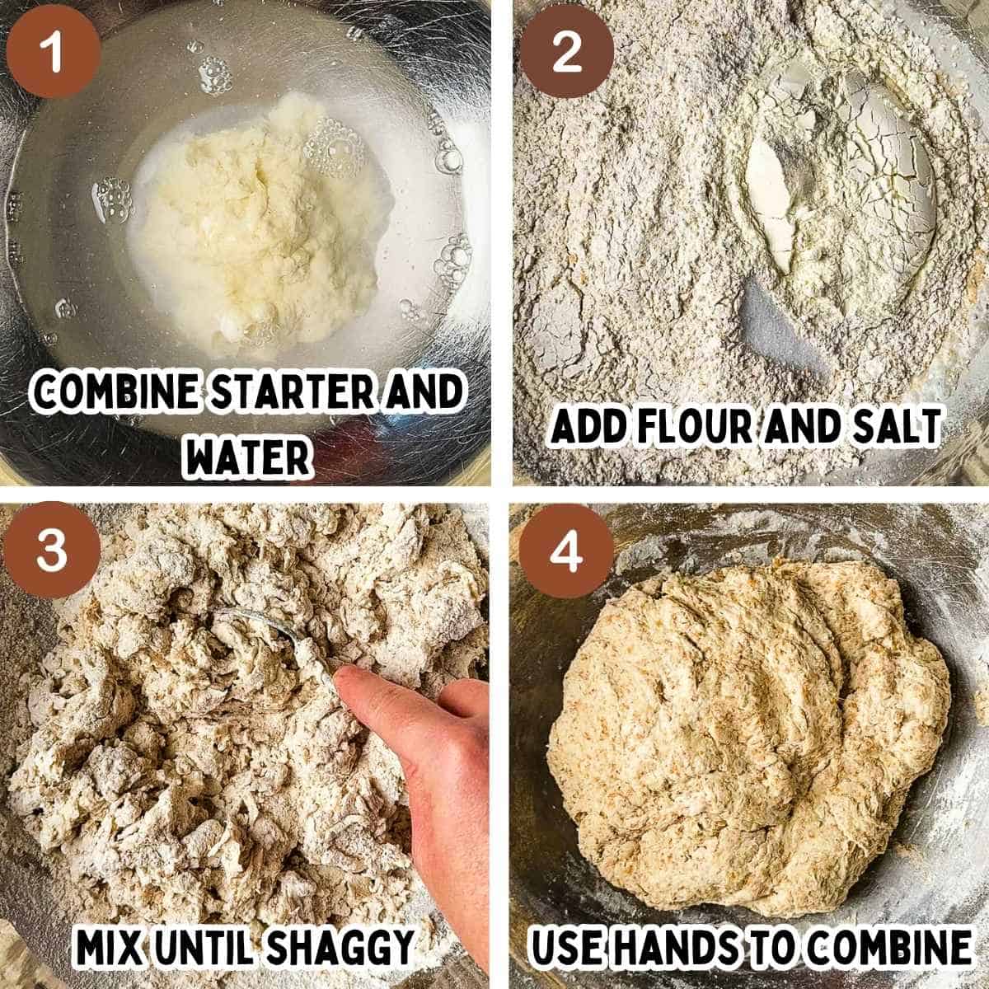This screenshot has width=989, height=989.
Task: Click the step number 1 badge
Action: tap(51, 51)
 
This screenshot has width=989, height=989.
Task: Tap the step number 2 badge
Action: tap(566, 51)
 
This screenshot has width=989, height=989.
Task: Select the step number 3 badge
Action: tap(51, 551)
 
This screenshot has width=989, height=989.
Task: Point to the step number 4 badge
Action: tap(566, 551)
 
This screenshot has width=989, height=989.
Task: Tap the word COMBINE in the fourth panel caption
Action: tap(886, 948)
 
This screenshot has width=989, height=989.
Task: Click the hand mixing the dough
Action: tap(420, 766)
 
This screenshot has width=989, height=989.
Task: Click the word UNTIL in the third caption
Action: tap(209, 948)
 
